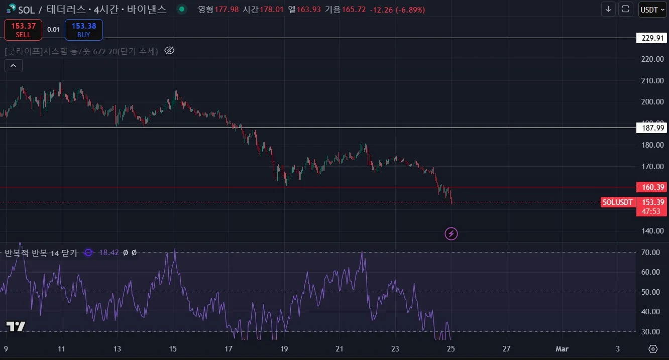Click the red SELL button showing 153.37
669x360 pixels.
23,30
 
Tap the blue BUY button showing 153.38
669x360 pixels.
84,30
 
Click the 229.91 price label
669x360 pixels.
652,38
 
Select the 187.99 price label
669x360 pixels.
652,128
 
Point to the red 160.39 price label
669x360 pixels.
652,187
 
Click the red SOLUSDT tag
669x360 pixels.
617,202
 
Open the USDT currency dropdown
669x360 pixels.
652,10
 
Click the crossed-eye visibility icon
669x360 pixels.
169,51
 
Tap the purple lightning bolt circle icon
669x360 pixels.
451,233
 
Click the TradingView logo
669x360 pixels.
16,326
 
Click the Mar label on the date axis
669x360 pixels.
562,349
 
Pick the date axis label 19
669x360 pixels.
284,349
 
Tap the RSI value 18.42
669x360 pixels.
108,253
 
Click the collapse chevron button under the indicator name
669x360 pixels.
13,65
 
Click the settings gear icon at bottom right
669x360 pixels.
653,349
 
